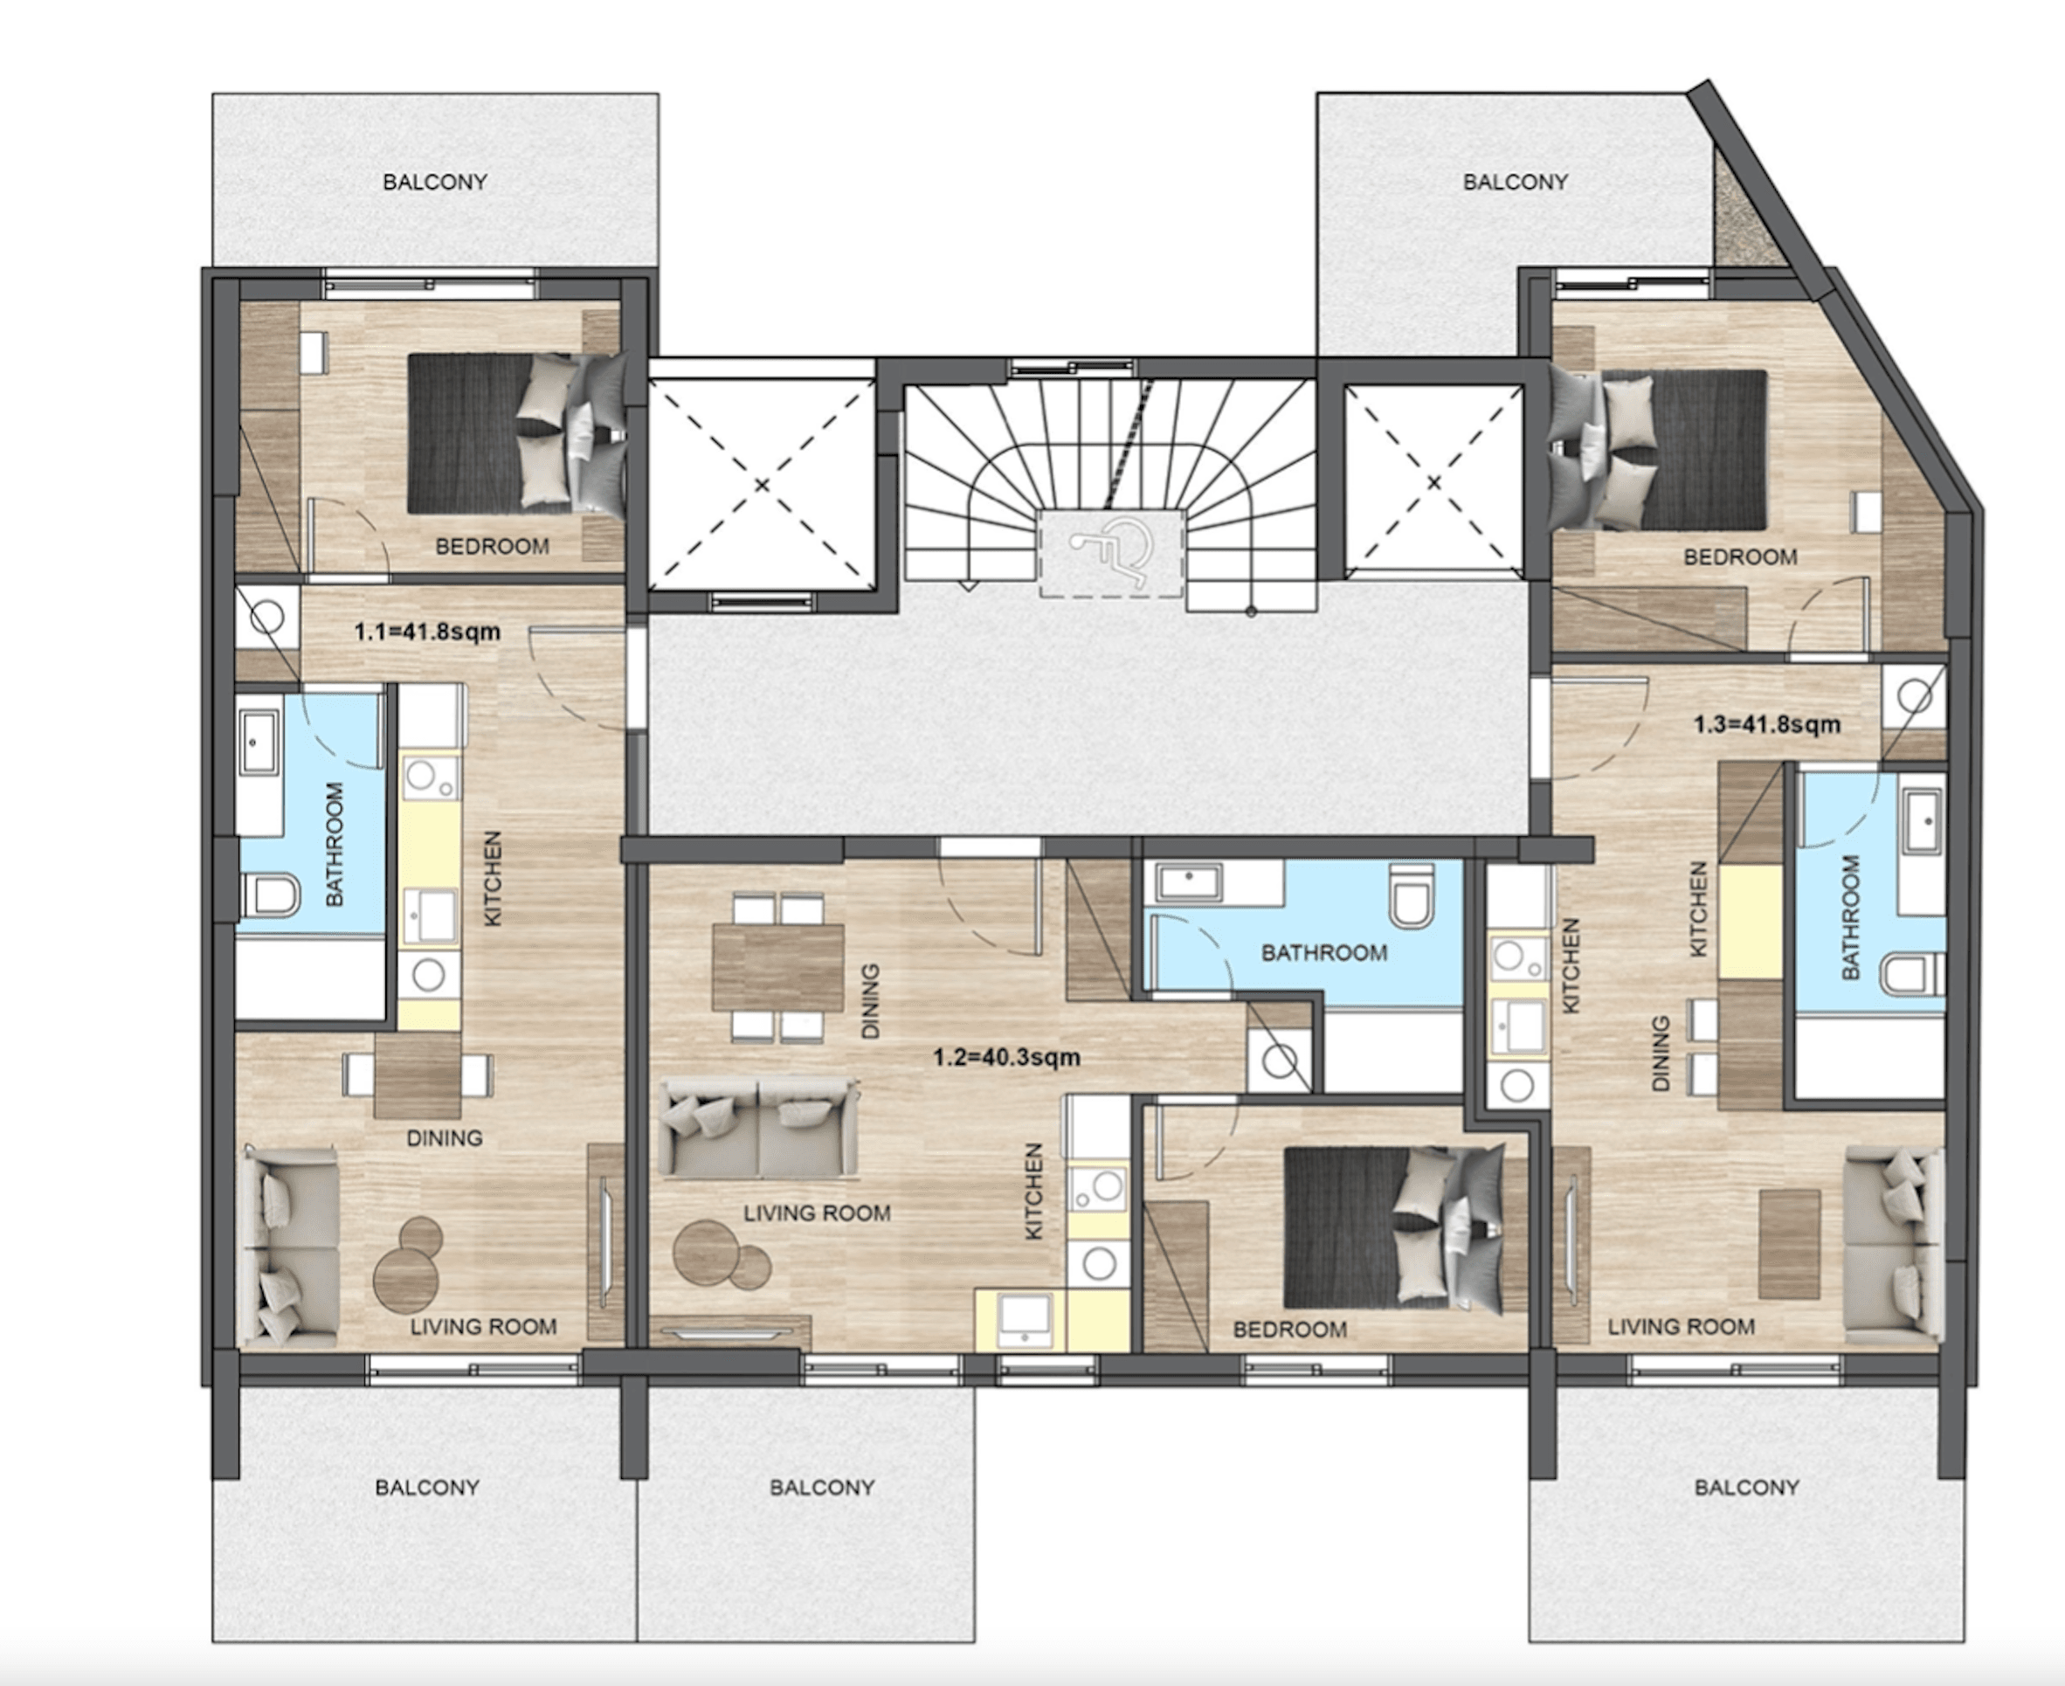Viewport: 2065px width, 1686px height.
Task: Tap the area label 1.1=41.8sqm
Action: coord(427,632)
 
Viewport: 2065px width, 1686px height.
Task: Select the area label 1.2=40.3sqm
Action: coord(1006,1057)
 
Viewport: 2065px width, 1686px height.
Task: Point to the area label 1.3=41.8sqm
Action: coord(1767,724)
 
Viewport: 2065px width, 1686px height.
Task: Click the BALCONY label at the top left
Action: coord(435,182)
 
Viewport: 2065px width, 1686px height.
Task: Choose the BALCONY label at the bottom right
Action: coord(1747,1487)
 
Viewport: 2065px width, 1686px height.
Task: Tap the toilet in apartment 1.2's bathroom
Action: coord(1411,895)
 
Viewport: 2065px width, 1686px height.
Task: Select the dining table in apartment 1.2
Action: coord(778,967)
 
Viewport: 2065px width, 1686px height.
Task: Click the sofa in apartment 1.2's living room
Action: coord(758,1128)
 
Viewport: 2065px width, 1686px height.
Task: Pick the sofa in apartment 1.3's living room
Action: coord(1894,1245)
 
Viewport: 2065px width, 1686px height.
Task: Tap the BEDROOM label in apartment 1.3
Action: coord(1739,556)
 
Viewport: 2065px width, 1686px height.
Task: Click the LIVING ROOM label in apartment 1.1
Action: coord(483,1327)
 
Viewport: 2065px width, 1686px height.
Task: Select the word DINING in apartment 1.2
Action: coord(870,1000)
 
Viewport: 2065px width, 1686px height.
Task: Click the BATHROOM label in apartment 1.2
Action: coord(1324,953)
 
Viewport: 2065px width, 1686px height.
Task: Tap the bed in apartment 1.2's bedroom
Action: coord(1395,1227)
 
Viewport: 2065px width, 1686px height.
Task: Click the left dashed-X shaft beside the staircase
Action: coord(762,484)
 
